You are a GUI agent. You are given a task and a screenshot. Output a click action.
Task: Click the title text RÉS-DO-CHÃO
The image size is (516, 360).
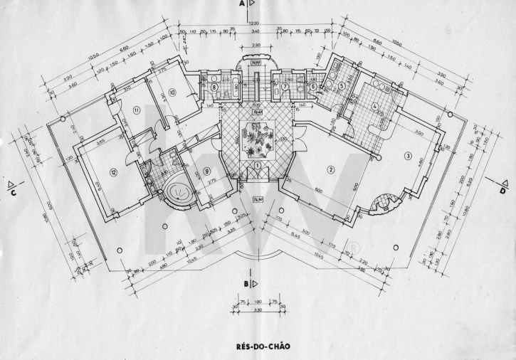point(258,348)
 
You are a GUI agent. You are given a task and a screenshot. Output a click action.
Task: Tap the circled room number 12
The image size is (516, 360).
point(112,173)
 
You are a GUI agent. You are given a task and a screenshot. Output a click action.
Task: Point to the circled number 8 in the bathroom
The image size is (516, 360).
point(214,88)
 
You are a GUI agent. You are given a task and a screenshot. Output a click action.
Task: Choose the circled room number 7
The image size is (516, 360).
point(285,88)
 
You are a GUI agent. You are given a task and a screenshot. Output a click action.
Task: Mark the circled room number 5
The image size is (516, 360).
point(342,86)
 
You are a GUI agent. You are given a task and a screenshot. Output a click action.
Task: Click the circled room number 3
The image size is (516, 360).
point(408,155)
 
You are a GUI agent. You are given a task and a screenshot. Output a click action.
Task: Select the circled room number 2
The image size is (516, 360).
point(330,169)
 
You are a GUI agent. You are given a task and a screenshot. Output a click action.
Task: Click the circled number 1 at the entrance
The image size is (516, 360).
point(257,165)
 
